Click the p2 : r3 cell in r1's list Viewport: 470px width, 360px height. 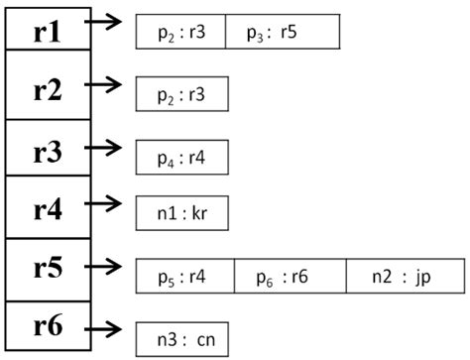coord(180,32)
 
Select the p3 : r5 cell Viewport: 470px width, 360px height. coord(283,32)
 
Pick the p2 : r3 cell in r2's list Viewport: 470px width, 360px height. coord(182,95)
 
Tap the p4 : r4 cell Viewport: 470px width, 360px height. coord(182,156)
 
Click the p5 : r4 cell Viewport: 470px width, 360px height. coord(185,276)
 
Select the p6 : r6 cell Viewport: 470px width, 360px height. coord(291,276)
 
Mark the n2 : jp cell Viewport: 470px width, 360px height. coord(406,276)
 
